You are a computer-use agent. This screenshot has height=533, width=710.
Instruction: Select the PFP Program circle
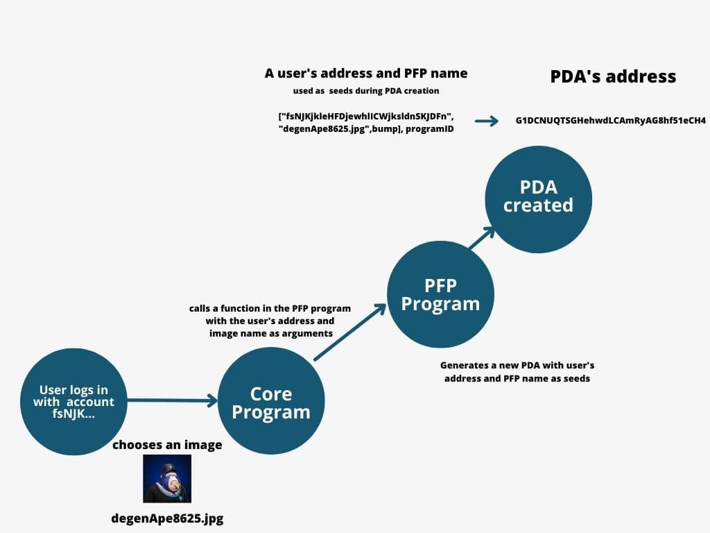click(440, 295)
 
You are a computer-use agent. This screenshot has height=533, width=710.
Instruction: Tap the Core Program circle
click(271, 403)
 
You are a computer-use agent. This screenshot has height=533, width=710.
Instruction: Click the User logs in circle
click(73, 402)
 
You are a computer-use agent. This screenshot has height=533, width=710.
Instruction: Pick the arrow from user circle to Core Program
click(173, 400)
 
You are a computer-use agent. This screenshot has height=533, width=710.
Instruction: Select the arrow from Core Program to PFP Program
click(350, 332)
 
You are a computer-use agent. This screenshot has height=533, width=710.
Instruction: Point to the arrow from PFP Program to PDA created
click(482, 238)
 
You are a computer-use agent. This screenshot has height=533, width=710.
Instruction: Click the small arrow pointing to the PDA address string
click(487, 121)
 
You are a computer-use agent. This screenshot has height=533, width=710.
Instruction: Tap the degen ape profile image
click(167, 479)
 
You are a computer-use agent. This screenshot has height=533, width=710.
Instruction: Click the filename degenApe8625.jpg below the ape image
click(167, 518)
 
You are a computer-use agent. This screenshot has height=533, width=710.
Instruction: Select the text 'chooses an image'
click(167, 444)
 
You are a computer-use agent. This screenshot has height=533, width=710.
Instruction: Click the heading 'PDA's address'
click(613, 76)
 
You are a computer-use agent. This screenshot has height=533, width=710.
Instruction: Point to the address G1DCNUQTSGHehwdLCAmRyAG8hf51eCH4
click(611, 121)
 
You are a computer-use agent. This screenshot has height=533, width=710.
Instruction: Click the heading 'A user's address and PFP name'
click(366, 73)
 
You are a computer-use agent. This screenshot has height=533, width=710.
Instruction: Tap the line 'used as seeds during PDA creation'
click(366, 91)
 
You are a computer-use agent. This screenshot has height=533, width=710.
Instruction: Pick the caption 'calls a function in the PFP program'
click(270, 308)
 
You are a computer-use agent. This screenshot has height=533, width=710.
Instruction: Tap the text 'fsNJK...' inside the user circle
click(73, 414)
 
